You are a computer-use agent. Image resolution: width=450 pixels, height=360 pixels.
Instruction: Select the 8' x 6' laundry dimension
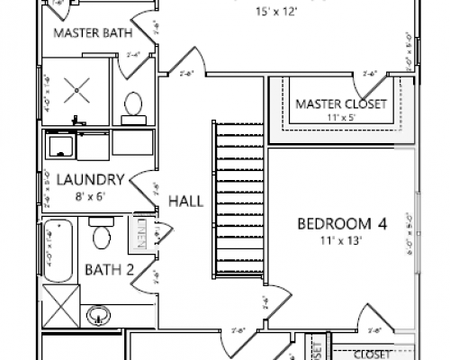[89, 193]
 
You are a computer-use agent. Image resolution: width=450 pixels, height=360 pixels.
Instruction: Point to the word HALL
[186, 201]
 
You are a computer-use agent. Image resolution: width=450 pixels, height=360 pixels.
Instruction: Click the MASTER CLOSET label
[341, 103]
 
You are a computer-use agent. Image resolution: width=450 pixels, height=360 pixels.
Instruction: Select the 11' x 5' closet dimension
[341, 117]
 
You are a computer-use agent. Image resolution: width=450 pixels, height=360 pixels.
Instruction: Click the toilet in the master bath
[133, 105]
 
